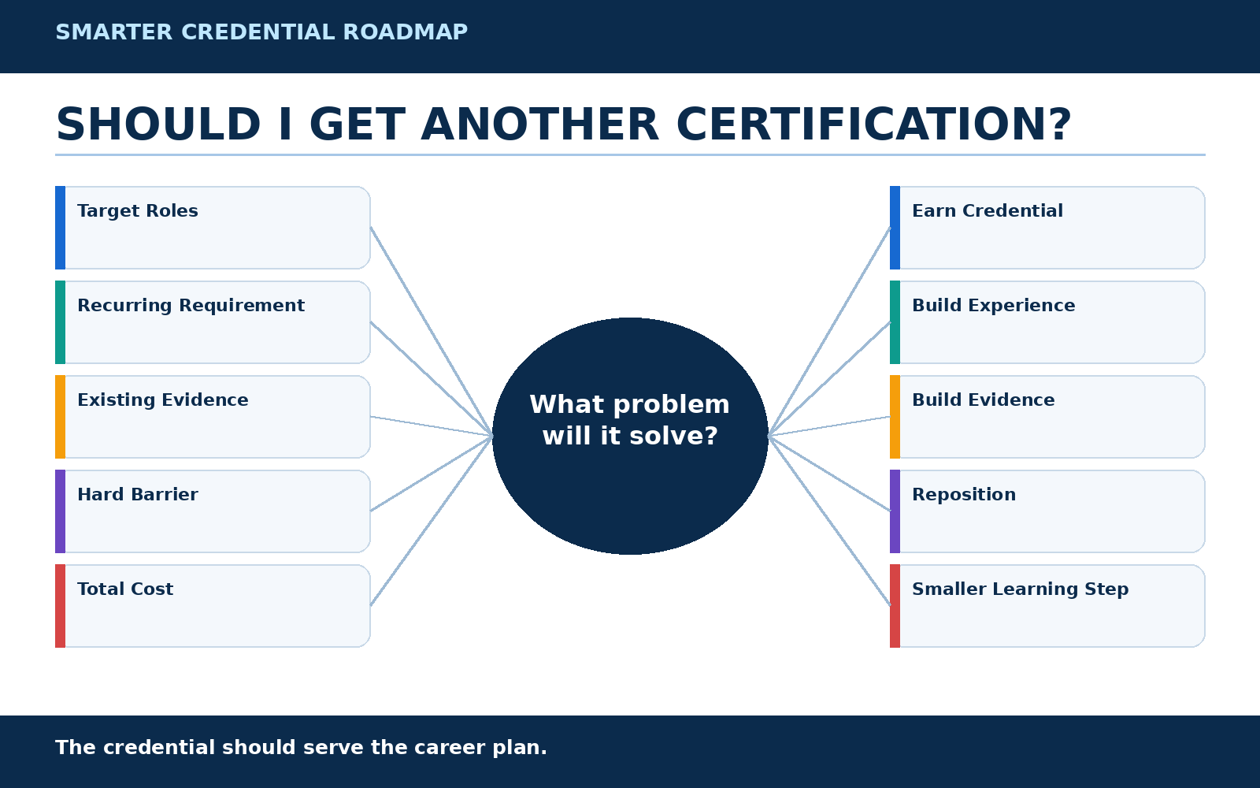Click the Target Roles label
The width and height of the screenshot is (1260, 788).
coord(137,211)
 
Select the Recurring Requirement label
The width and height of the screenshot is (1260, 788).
coord(191,306)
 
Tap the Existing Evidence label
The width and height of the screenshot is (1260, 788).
coord(162,400)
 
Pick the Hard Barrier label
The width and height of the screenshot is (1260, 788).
coord(137,494)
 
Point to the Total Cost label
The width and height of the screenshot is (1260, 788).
coord(125,589)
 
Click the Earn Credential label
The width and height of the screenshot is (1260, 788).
coord(988,211)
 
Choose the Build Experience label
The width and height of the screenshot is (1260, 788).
coord(993,306)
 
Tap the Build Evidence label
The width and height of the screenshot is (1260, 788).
coord(984,400)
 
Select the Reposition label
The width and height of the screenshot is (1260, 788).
coord(964,495)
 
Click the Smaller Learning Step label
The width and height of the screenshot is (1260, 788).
coord(1020,589)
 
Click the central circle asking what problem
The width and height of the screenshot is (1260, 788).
coord(630,437)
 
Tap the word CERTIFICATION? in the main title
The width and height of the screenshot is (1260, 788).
coord(873,125)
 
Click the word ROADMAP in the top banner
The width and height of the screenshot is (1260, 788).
coord(405,32)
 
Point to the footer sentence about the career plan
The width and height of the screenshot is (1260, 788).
coord(301,748)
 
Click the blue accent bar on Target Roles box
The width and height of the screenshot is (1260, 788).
coord(60,228)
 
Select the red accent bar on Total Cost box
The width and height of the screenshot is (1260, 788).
coord(60,606)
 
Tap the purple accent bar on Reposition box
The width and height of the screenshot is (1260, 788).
coord(895,511)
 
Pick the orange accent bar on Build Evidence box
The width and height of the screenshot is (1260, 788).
coord(895,417)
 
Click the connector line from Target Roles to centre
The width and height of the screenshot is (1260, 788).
coord(432,332)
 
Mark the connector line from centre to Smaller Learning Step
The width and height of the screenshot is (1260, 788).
coord(829,521)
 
